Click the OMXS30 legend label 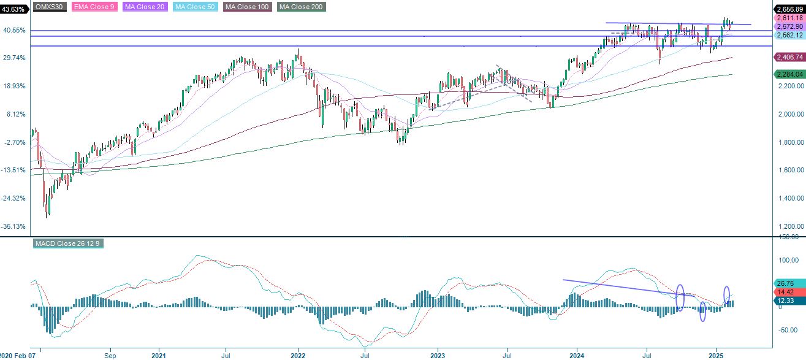coord(50,7)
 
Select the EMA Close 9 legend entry coord(94,7)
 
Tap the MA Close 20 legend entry coord(145,7)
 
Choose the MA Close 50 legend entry coord(195,7)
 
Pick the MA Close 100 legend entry coord(247,7)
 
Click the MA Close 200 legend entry coord(301,7)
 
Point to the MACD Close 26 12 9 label coord(68,243)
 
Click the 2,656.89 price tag coord(789,9)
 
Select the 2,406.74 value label coord(789,57)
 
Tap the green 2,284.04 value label coord(789,75)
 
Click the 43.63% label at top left coord(13,9)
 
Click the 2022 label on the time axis coord(298,356)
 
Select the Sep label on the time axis coord(110,356)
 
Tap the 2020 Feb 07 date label coord(18,356)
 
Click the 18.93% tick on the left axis coord(14,86)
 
